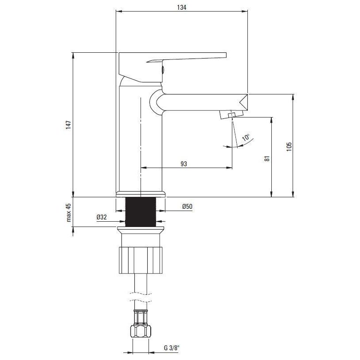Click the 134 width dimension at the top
coord(182,8)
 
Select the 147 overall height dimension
coord(69,125)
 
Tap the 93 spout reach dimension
coord(184,164)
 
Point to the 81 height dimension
coord(267,158)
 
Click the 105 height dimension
coord(289,146)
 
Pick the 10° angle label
coord(246,137)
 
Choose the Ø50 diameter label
coord(188,207)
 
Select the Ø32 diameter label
coord(102,217)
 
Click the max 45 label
coord(69,213)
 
